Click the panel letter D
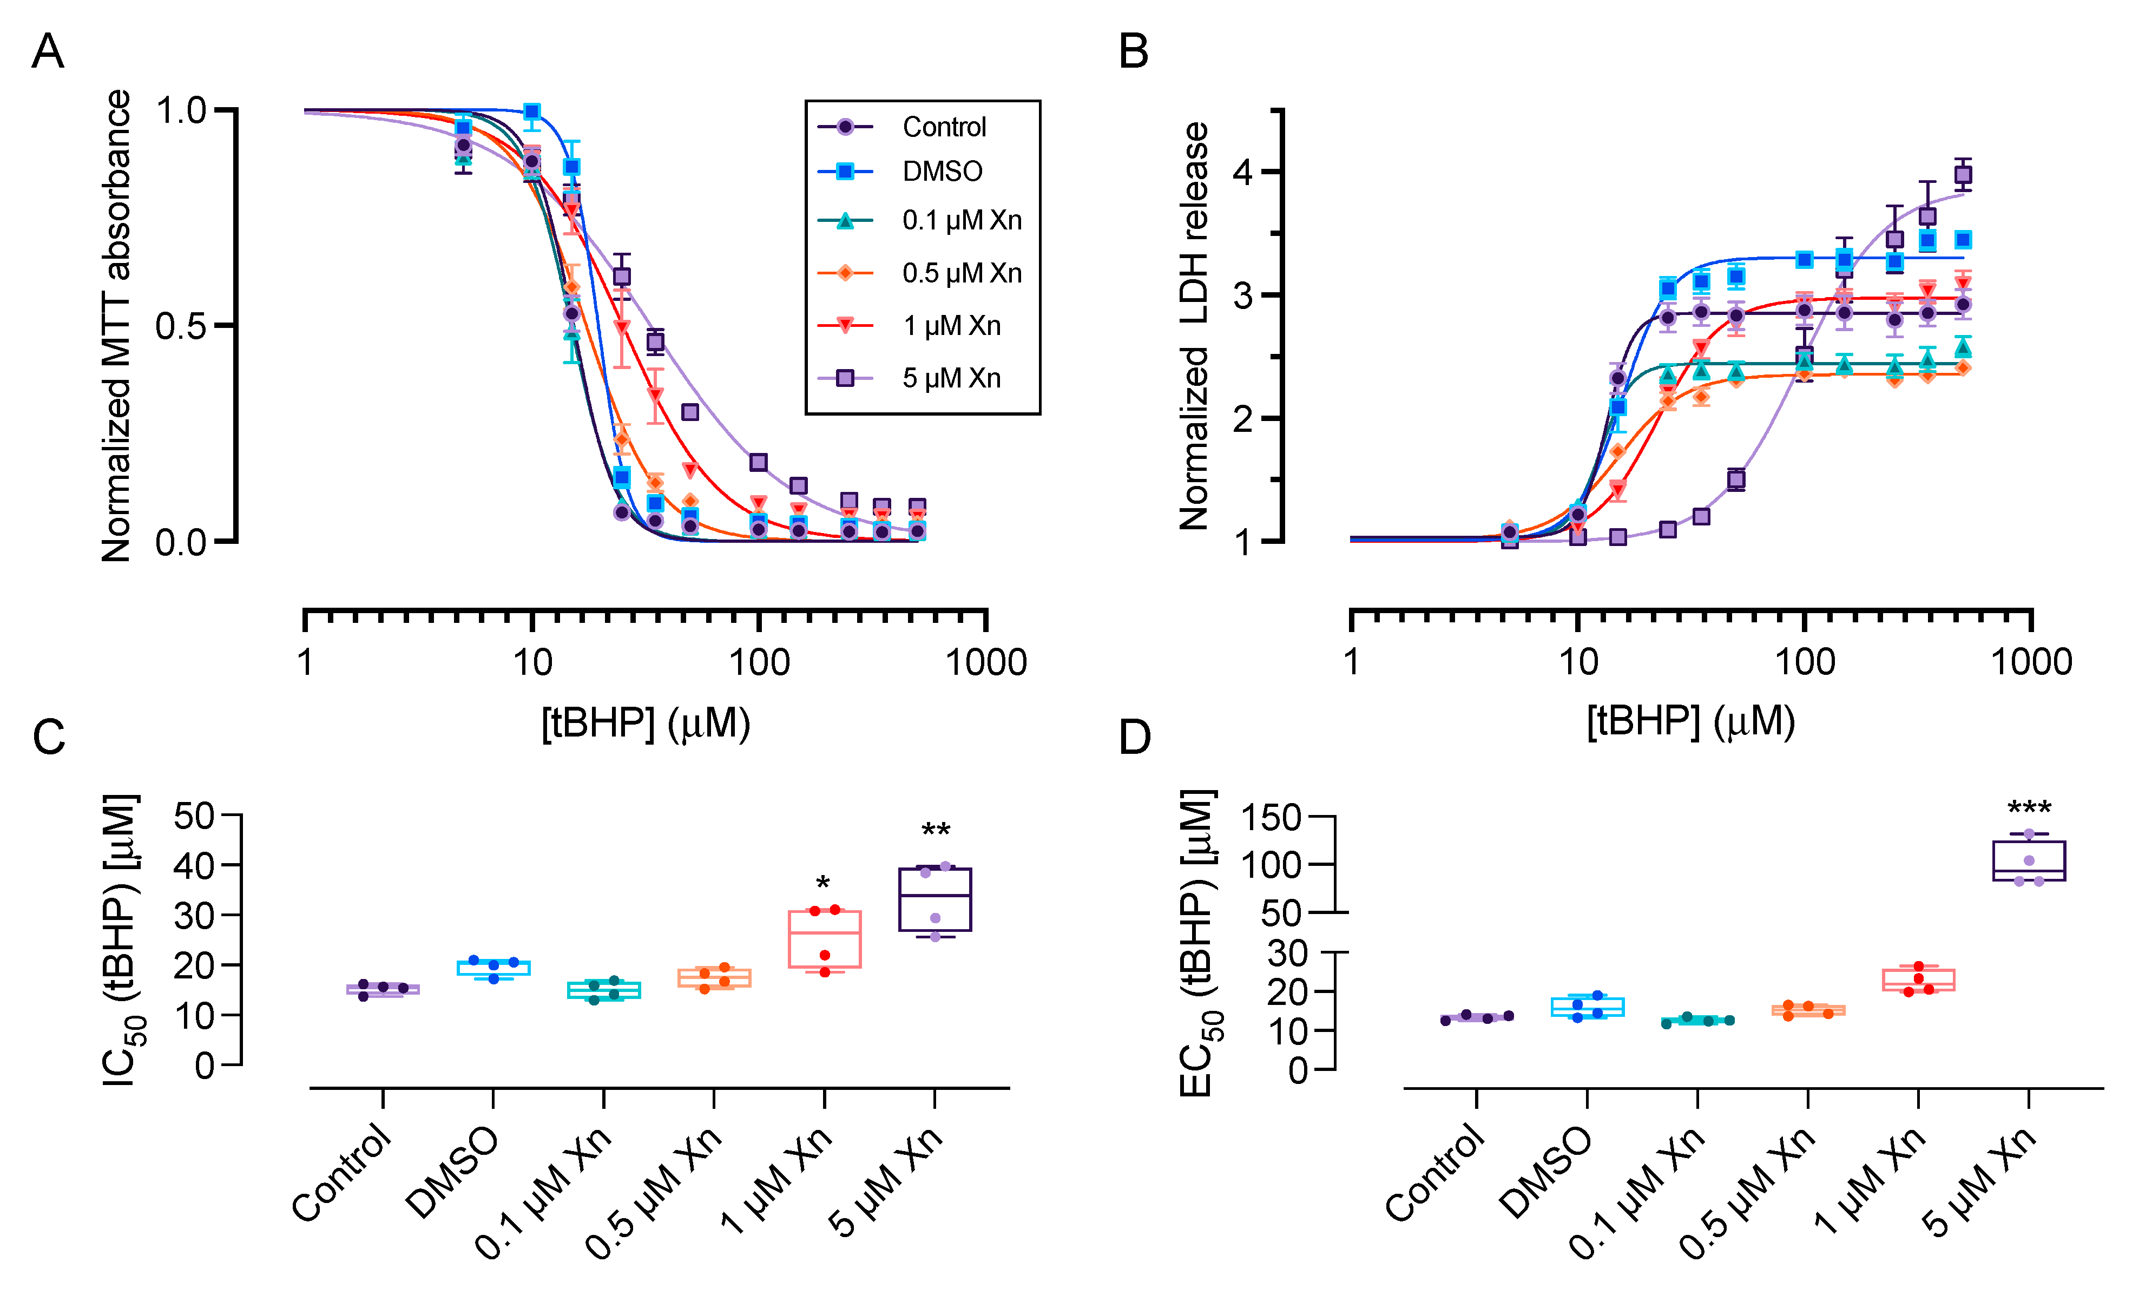[x=1134, y=738]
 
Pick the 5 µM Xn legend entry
[x=950, y=378]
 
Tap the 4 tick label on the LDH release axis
[x=1242, y=172]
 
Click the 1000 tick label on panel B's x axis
[x=2031, y=662]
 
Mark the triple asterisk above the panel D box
[x=2029, y=808]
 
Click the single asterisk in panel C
[x=822, y=884]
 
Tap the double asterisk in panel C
[x=935, y=831]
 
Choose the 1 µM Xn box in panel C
[x=824, y=939]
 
